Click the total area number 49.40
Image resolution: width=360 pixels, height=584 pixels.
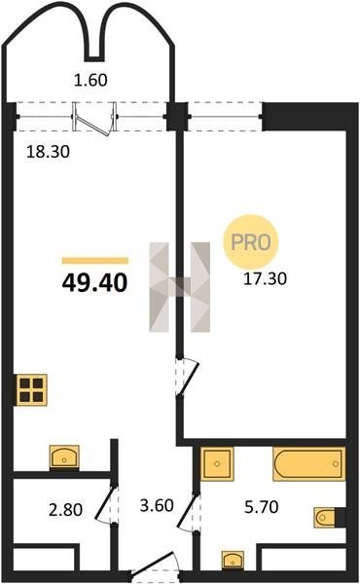click(x=95, y=282)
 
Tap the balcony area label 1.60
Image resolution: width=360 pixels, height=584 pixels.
click(x=90, y=80)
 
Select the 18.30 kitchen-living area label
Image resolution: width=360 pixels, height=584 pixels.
click(x=48, y=152)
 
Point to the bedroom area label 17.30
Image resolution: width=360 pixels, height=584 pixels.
click(x=265, y=278)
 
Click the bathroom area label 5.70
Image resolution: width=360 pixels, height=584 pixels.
click(x=262, y=507)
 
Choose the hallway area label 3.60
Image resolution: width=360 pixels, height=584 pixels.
click(x=157, y=505)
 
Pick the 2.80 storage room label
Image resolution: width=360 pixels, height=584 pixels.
click(x=65, y=509)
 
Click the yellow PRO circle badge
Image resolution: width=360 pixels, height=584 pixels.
click(x=251, y=242)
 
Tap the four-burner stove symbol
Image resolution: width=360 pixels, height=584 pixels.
click(x=31, y=390)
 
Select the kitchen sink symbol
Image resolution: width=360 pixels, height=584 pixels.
click(x=64, y=457)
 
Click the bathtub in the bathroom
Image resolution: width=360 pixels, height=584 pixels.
click(x=309, y=463)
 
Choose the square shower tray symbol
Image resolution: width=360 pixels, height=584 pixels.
click(x=217, y=463)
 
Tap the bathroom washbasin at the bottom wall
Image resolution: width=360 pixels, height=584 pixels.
click(x=234, y=561)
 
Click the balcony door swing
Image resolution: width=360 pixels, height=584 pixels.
click(x=93, y=119)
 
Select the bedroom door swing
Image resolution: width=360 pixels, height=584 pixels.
click(x=188, y=377)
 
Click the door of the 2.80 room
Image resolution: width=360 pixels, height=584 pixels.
click(x=106, y=504)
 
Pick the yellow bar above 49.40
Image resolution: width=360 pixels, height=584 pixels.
click(x=95, y=261)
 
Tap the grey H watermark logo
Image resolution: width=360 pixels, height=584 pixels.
click(x=180, y=287)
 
